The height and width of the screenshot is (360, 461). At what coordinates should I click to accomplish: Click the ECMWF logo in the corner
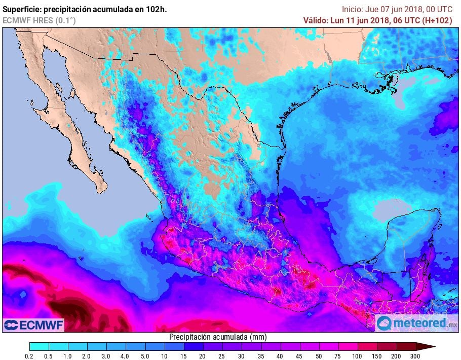33,325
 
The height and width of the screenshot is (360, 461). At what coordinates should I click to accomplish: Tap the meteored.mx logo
416,323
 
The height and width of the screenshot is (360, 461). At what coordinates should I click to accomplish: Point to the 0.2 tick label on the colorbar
29,356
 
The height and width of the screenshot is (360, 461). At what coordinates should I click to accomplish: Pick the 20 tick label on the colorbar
203,356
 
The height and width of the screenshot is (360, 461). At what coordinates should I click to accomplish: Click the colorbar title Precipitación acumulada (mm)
218,337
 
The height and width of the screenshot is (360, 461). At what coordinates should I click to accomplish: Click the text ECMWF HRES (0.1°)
40,20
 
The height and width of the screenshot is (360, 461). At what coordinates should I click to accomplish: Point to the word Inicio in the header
352,9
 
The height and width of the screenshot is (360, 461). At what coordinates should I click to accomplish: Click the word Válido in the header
316,20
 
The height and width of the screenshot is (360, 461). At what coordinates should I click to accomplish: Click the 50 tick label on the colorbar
319,356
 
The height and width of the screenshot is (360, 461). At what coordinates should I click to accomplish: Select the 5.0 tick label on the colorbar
144,356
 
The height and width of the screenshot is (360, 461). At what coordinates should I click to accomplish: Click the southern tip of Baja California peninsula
102,191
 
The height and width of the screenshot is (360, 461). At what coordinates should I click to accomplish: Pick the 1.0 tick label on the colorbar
67,356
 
